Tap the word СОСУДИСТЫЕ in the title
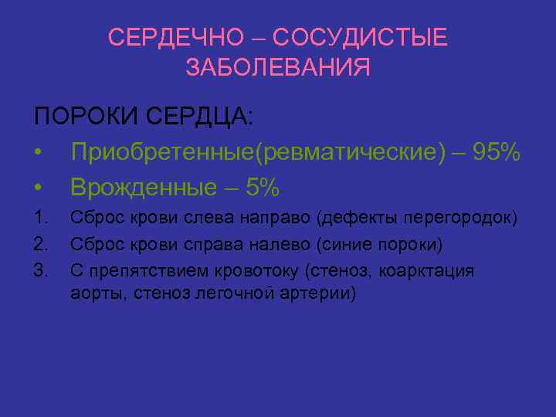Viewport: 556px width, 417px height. point(360,37)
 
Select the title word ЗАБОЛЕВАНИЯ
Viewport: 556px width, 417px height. point(278,67)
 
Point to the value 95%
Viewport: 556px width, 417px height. point(496,153)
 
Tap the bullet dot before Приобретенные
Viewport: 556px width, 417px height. point(38,154)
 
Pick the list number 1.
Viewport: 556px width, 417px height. point(41,219)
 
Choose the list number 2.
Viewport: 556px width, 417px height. point(41,245)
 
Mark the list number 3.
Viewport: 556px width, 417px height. point(41,270)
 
